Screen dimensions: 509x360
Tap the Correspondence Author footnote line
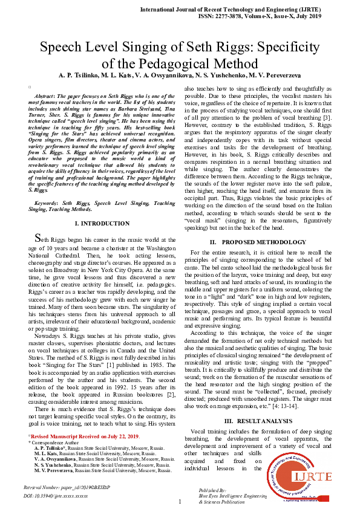click(54, 443)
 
